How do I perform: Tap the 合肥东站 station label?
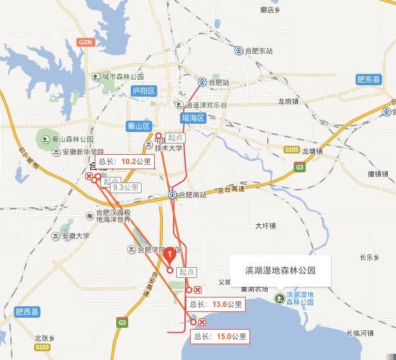258,51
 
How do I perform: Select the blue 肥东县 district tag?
369,80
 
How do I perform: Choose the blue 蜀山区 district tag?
139,126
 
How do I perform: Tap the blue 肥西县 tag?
27,311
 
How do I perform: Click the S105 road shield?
291,150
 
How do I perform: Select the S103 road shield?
43,347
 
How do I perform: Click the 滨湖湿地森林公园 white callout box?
280,270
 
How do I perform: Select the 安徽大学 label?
76,236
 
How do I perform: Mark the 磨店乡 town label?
269,10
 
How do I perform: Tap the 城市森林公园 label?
118,77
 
